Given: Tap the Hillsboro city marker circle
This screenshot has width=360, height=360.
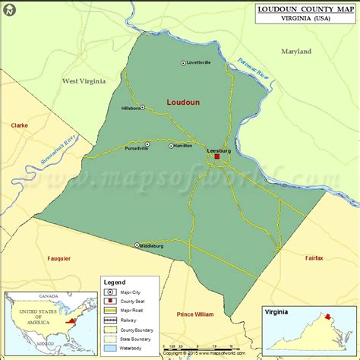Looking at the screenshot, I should pyautogui.click(x=141, y=109).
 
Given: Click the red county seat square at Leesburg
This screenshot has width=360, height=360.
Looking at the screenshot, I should pyautogui.click(x=216, y=157).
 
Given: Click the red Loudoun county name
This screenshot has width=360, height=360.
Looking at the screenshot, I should pyautogui.click(x=184, y=102).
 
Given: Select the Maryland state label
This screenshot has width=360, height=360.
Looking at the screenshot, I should pyautogui.click(x=296, y=52).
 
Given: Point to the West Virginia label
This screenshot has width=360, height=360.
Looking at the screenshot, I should pyautogui.click(x=84, y=81).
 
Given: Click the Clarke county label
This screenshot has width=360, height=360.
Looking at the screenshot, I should pyautogui.click(x=20, y=125).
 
